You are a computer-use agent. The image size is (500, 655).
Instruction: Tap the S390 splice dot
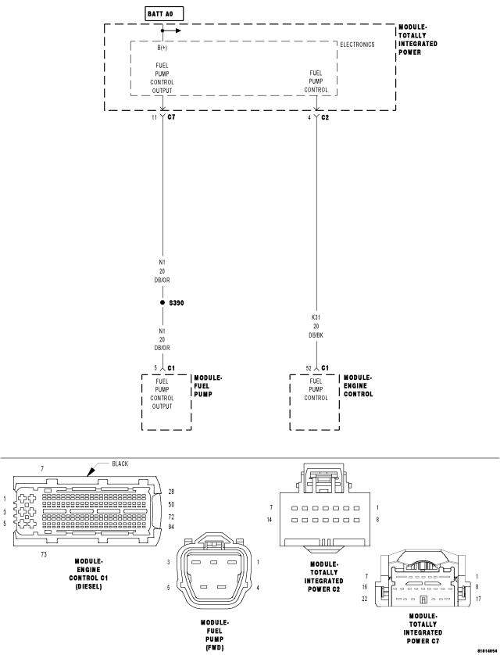click(x=162, y=302)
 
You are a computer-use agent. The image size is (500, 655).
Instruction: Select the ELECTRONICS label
click(x=357, y=45)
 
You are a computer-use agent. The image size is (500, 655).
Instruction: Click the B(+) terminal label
click(x=162, y=47)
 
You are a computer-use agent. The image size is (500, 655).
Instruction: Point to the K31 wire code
click(x=316, y=318)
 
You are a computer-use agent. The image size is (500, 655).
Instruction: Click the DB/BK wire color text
click(x=316, y=336)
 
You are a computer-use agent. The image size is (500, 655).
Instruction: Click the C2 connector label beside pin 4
click(x=325, y=117)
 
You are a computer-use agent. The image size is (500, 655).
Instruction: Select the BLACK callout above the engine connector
click(x=120, y=464)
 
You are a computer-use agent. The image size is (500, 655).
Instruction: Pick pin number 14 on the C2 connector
click(x=269, y=519)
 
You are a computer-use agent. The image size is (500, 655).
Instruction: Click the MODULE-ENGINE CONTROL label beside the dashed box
click(x=358, y=385)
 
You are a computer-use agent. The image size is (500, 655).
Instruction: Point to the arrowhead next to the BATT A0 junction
click(x=178, y=31)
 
